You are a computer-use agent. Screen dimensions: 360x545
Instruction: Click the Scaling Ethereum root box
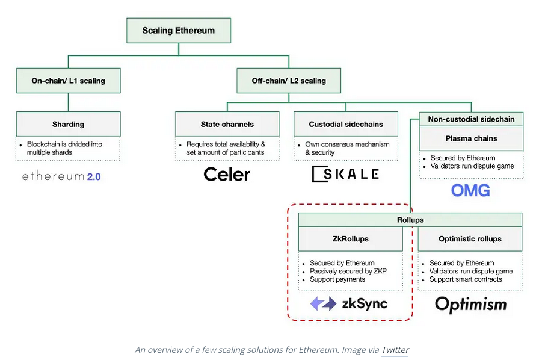coord(178,31)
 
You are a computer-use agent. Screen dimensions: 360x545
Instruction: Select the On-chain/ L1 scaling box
coord(68,81)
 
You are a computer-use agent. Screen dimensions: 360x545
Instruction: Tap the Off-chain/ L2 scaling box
coord(289,81)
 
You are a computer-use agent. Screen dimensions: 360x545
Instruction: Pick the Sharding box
coord(68,125)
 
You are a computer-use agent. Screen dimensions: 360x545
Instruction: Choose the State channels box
coord(227,125)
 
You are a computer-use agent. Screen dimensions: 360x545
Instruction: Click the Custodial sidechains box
coord(345,125)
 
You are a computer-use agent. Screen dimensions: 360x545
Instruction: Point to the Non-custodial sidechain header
coord(471,119)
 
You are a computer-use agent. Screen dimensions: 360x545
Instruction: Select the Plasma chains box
coord(471,138)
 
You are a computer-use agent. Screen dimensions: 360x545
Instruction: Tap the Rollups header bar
coord(410,220)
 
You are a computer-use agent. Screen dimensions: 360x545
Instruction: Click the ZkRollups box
coord(350,239)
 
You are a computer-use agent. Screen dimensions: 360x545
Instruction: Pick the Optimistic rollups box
coord(470,239)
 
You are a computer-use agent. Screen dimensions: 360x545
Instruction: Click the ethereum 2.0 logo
coord(61,176)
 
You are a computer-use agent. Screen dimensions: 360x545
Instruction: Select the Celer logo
coord(227,175)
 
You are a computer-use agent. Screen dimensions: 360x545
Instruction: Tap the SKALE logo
coord(345,174)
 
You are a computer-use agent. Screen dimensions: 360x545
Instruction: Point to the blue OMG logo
coord(470,191)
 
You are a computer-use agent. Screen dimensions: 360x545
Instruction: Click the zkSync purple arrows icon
coord(323,303)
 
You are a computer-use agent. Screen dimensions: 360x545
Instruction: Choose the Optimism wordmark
coord(470,304)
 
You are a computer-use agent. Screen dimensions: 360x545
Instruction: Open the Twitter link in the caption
coord(395,349)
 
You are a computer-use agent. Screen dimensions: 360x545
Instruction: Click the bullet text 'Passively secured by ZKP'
coord(348,272)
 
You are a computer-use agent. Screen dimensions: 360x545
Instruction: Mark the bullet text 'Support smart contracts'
coord(465,279)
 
